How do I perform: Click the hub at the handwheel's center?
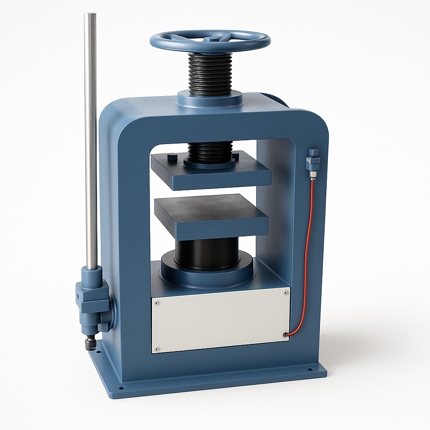pyautogui.click(x=211, y=39)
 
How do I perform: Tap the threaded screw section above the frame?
pyautogui.click(x=210, y=73)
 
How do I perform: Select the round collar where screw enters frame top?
pyautogui.click(x=210, y=99)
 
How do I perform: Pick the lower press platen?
pyautogui.click(x=211, y=216)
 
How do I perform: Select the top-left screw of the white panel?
pyautogui.click(x=157, y=302)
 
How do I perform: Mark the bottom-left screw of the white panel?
pyautogui.click(x=157, y=348)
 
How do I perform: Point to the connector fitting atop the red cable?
pyautogui.click(x=313, y=162)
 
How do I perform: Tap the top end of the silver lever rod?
pyautogui.click(x=90, y=16)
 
